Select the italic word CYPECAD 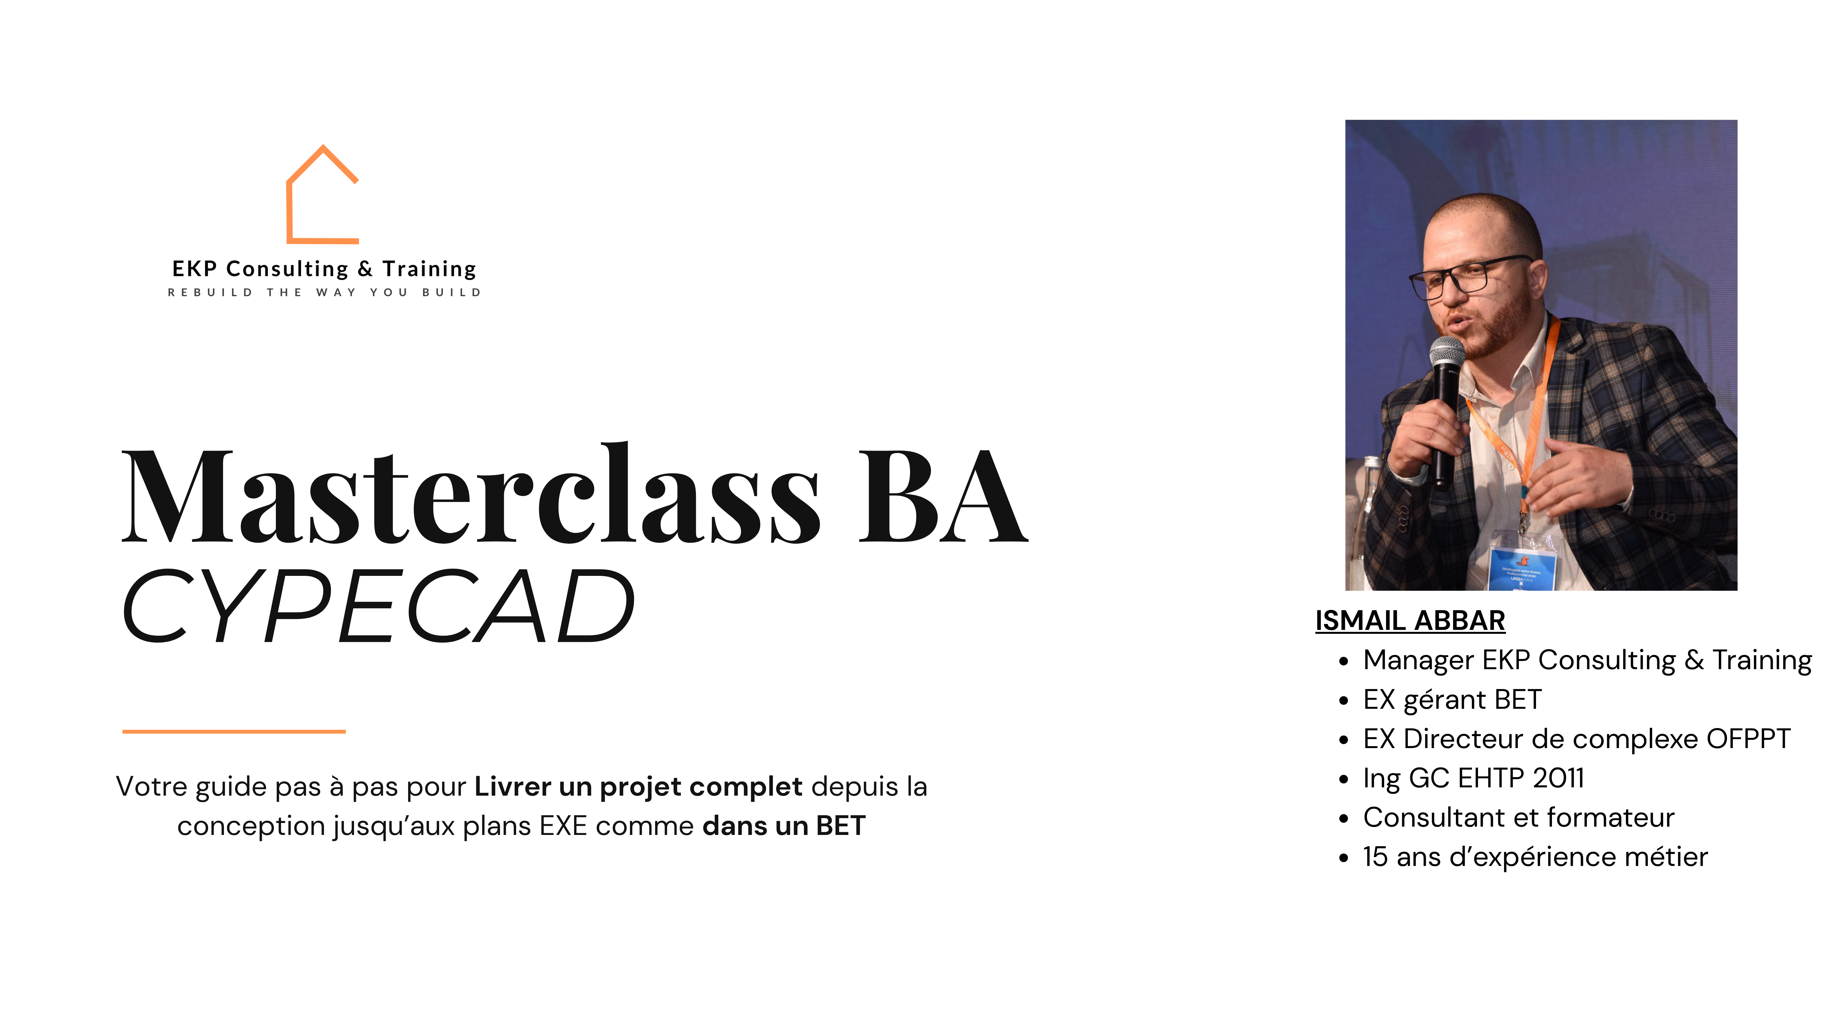pyautogui.click(x=379, y=606)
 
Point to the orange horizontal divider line pyautogui.click(x=234, y=731)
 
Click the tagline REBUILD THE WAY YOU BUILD pyautogui.click(x=324, y=293)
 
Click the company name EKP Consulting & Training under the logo pyautogui.click(x=324, y=269)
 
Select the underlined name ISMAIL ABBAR pyautogui.click(x=1410, y=621)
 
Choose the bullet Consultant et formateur pyautogui.click(x=1519, y=817)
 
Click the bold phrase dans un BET pyautogui.click(x=784, y=826)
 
